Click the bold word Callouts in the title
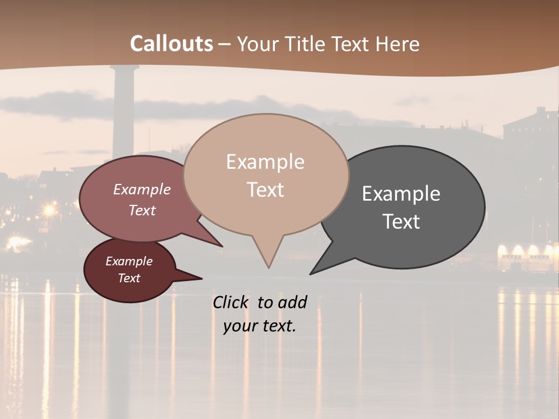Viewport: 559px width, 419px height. (x=171, y=44)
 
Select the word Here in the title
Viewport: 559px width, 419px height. (x=398, y=44)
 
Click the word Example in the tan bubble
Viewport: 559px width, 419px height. (x=265, y=162)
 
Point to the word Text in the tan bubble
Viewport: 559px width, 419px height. (x=266, y=189)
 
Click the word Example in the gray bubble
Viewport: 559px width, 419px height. (x=401, y=194)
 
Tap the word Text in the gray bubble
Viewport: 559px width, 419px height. (x=401, y=222)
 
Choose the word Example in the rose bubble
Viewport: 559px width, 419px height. (x=142, y=189)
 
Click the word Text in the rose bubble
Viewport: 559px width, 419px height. (x=142, y=210)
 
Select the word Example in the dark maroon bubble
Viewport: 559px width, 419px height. (x=129, y=261)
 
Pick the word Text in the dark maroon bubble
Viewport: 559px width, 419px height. (x=129, y=278)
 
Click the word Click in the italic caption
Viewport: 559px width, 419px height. (x=232, y=302)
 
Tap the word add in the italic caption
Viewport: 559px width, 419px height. (x=292, y=302)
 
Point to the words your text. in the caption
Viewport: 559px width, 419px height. (x=260, y=326)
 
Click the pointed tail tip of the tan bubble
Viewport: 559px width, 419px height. (x=268, y=268)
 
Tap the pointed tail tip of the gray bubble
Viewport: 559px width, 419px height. (x=310, y=274)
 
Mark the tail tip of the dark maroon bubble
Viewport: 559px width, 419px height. (x=201, y=278)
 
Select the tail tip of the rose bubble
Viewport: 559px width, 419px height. (x=222, y=246)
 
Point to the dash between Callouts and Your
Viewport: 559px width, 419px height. (x=225, y=44)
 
